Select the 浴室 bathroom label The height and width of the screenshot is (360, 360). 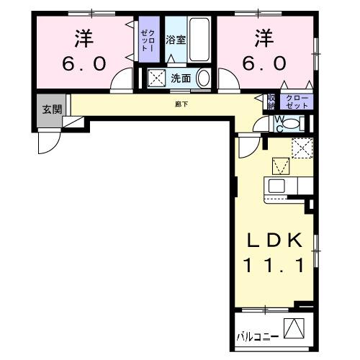(x=176, y=40)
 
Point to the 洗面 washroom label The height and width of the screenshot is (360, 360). (x=180, y=78)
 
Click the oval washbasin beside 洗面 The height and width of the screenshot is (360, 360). (x=204, y=78)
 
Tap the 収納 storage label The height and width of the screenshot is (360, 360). (x=271, y=101)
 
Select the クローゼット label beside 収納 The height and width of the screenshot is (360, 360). (x=297, y=101)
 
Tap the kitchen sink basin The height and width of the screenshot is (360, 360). (x=277, y=186)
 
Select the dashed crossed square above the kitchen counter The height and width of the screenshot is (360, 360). (x=302, y=148)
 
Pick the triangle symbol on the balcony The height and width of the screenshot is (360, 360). (x=293, y=328)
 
